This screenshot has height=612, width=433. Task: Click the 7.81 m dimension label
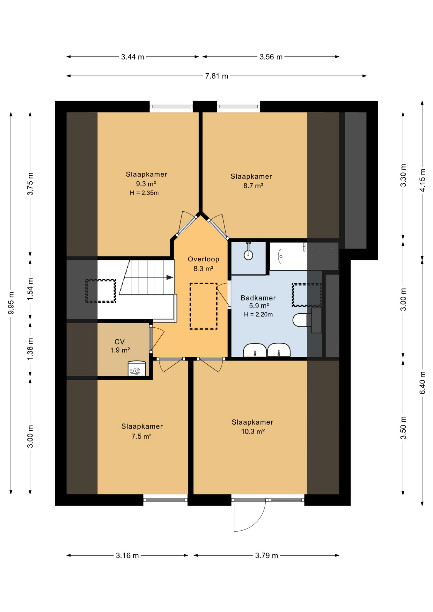point(216,76)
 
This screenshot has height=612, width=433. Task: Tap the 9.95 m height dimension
point(11,303)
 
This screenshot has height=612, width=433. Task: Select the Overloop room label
point(203,259)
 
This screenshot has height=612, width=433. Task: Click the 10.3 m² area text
point(253,432)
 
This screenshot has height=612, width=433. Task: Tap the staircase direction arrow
point(169,277)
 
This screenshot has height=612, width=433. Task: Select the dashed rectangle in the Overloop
point(203,306)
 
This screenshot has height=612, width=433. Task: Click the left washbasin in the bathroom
point(255,351)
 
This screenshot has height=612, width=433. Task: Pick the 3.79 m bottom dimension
point(266,556)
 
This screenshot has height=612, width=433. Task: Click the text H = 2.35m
point(144,193)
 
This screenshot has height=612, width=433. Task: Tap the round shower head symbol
point(248,255)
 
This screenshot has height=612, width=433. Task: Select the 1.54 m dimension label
point(30,289)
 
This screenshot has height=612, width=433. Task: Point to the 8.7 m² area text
point(253,186)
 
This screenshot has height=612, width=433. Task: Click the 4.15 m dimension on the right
point(422,180)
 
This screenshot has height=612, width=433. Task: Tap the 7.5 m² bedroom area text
point(141,436)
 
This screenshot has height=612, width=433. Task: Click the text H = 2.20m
point(258,315)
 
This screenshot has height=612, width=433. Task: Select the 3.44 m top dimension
point(132,57)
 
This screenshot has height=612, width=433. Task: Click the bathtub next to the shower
point(289,256)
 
